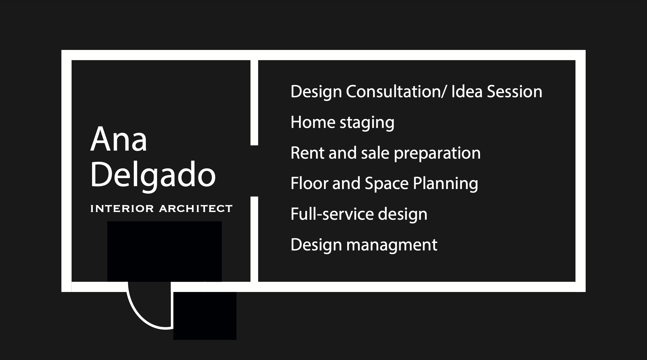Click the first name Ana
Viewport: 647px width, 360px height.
(119, 139)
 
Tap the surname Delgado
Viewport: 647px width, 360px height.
(153, 175)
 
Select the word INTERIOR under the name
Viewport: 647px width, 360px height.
(122, 209)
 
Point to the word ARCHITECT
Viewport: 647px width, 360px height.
(196, 209)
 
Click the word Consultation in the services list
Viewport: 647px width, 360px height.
(396, 92)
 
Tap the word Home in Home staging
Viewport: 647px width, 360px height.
(313, 122)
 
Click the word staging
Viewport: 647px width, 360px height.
(367, 124)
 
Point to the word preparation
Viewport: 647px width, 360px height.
(437, 154)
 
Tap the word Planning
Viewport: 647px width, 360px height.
(445, 184)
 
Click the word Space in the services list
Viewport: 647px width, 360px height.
(386, 184)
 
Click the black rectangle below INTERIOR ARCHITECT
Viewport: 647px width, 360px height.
(165, 251)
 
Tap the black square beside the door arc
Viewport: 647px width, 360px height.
(205, 316)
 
